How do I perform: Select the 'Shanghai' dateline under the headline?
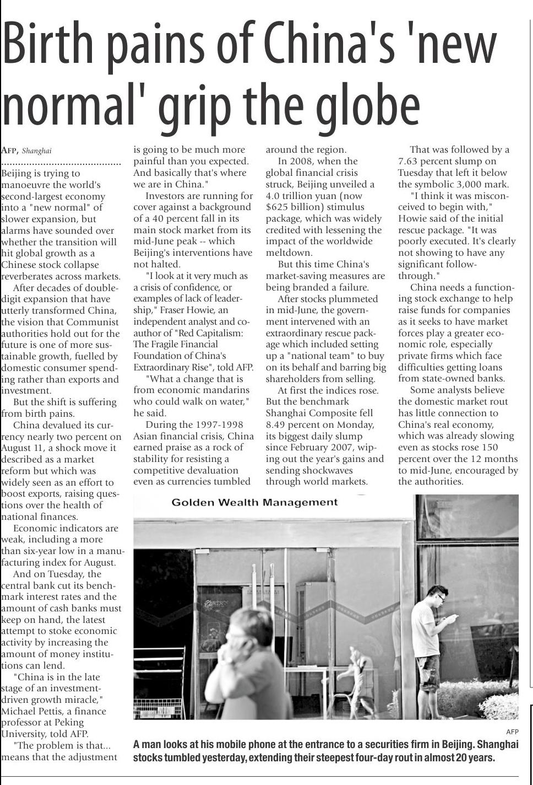click(x=37, y=150)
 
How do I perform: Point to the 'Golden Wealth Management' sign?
click(x=254, y=502)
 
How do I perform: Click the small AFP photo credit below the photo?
click(x=512, y=732)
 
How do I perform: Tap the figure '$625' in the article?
click(x=279, y=207)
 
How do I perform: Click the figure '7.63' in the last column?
click(x=409, y=162)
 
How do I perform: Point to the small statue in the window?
click(x=357, y=673)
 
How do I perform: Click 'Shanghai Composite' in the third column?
click(x=319, y=413)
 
